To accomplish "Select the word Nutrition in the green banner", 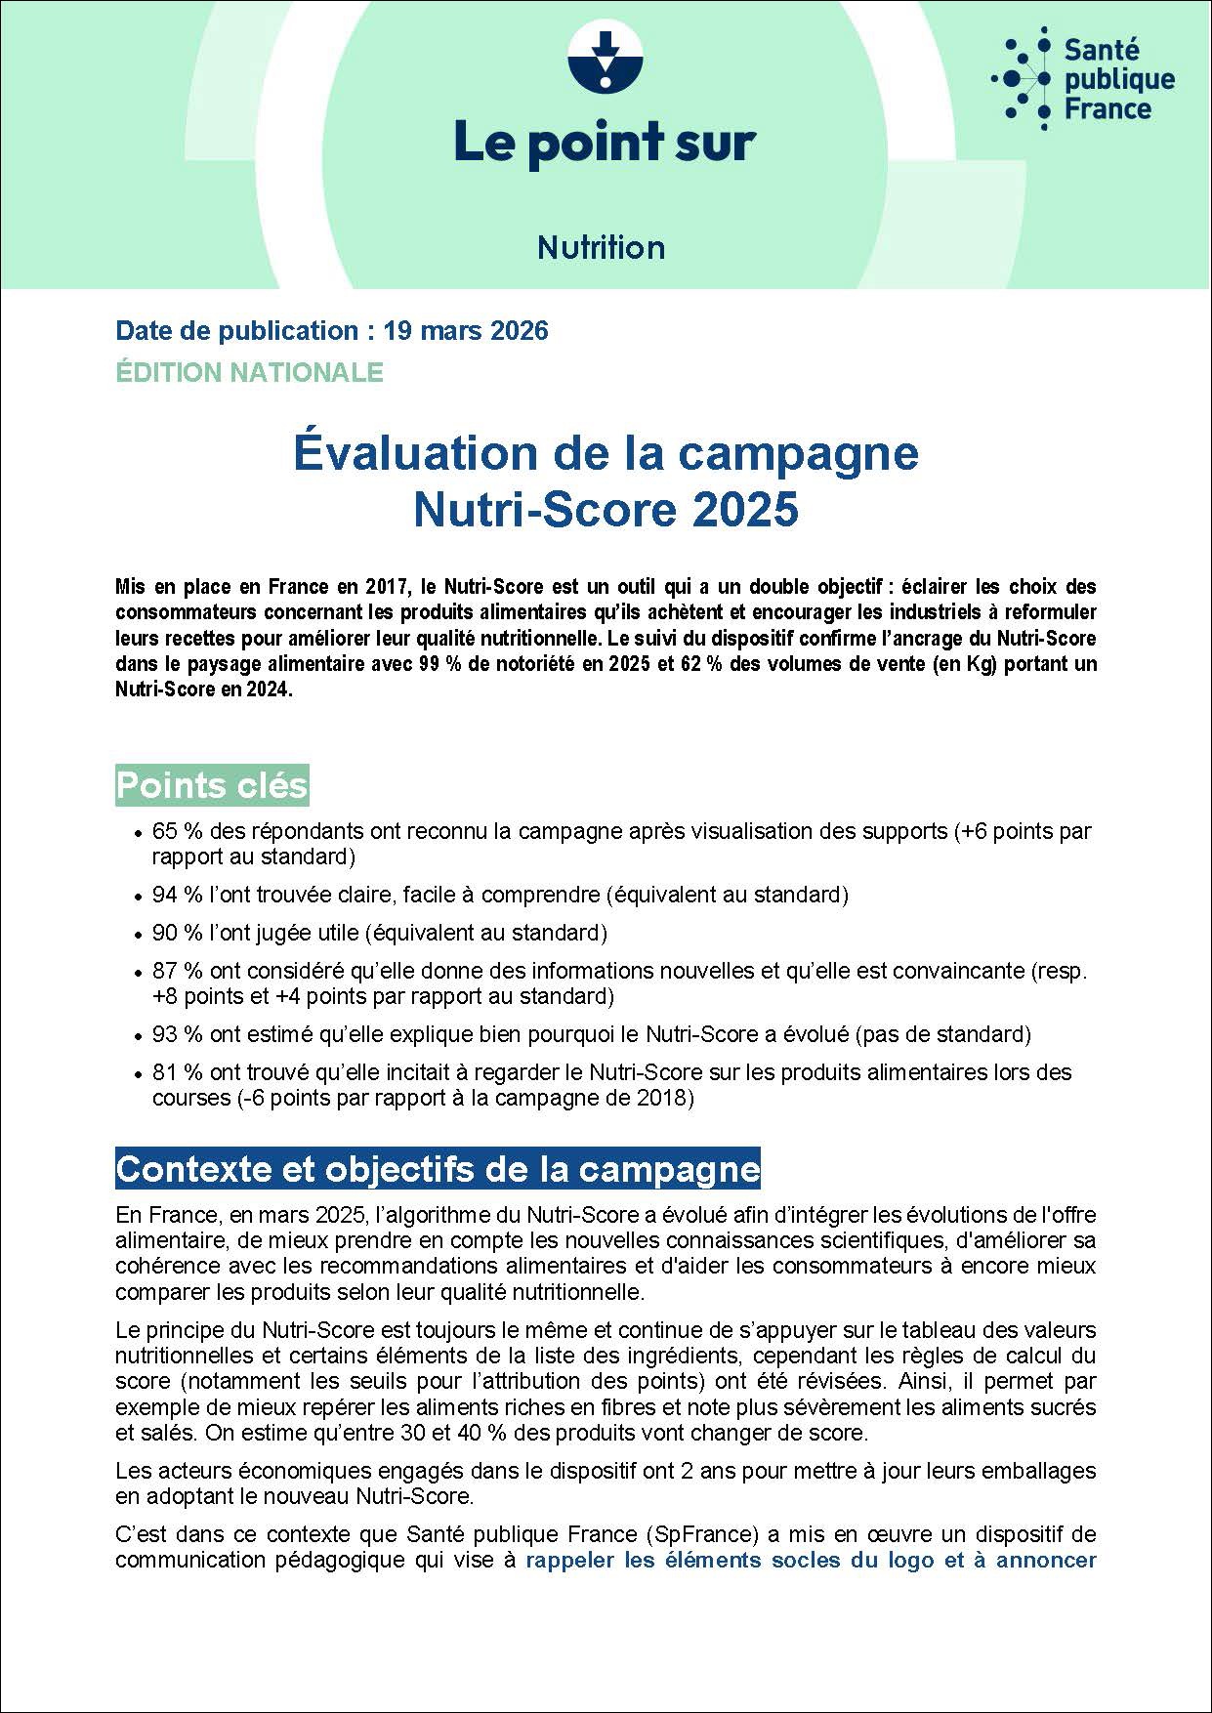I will (601, 247).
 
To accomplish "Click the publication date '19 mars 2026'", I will (466, 331).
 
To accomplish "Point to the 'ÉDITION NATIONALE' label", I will (249, 372).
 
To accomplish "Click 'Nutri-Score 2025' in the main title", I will (606, 510).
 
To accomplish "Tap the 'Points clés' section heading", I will (212, 785).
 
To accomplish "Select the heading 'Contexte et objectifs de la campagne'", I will (438, 1169).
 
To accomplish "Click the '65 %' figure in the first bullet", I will (177, 831).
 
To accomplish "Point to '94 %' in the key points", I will (177, 895).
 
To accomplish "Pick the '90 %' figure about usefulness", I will (177, 933).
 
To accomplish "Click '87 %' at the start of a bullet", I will (177, 971).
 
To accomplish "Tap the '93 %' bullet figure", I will (177, 1034).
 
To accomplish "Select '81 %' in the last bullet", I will (177, 1072).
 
